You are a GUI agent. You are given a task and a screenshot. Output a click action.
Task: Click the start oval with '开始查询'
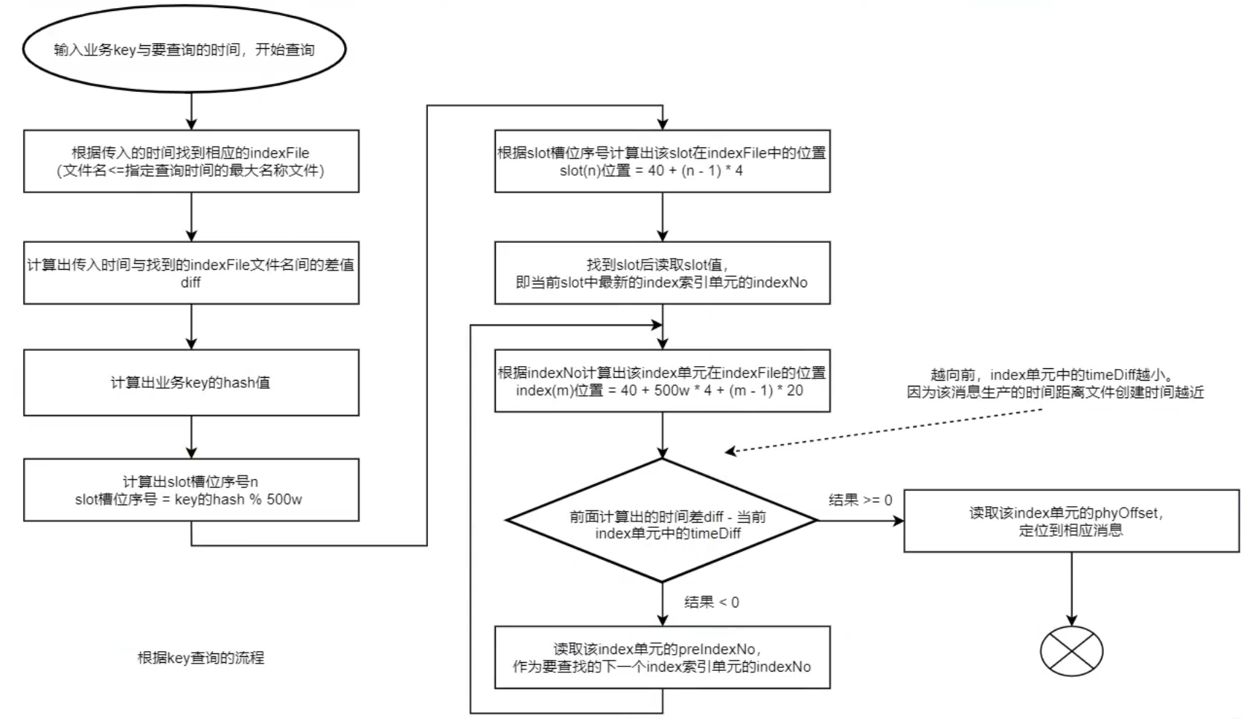[x=184, y=50]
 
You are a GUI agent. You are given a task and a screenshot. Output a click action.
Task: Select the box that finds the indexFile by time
[x=191, y=161]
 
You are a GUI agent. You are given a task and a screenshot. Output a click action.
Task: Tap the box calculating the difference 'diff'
[x=191, y=273]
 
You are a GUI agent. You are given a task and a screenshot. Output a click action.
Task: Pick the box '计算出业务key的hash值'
[x=191, y=382]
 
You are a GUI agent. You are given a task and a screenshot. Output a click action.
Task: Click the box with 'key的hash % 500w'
[x=191, y=490]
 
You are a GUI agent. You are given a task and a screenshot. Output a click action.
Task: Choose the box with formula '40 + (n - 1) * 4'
[x=662, y=161]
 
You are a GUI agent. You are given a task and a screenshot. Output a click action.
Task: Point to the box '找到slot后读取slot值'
[x=662, y=273]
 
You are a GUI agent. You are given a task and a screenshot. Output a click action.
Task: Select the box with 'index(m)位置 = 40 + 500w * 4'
[x=662, y=381]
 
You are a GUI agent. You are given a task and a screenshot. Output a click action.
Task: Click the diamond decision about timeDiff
[x=662, y=521]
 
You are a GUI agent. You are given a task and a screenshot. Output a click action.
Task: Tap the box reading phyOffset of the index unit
[x=1071, y=521]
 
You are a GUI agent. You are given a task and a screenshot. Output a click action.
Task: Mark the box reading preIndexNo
[x=662, y=657]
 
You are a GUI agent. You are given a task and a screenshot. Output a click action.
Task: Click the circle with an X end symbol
[x=1071, y=650]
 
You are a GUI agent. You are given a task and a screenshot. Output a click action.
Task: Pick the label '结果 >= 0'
[x=860, y=500]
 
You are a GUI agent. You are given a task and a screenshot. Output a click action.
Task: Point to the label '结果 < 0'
[x=712, y=602]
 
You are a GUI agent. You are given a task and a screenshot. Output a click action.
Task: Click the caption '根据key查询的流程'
[x=201, y=658]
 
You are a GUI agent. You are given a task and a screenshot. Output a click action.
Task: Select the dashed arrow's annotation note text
[x=1054, y=384]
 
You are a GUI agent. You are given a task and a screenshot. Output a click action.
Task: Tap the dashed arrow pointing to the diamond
[x=882, y=431]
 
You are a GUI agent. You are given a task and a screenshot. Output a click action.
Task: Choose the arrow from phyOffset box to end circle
[x=1071, y=588]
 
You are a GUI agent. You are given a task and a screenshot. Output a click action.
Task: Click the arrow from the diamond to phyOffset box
[x=860, y=521]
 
